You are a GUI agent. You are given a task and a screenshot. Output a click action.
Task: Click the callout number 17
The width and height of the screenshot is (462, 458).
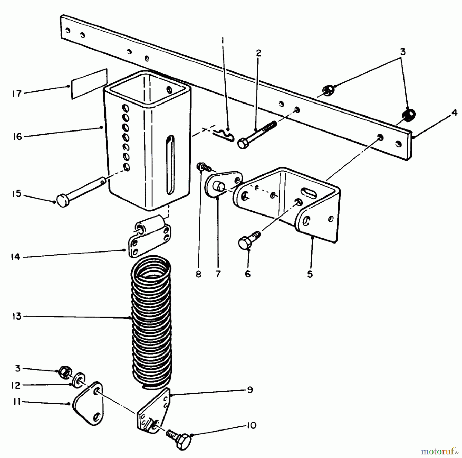[17, 94]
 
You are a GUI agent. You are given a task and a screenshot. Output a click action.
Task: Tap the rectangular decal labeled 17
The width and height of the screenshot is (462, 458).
[89, 84]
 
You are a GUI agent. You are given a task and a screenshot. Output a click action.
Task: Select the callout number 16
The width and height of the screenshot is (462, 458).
[17, 137]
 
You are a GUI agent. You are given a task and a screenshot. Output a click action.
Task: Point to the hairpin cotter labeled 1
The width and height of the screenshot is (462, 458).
[224, 136]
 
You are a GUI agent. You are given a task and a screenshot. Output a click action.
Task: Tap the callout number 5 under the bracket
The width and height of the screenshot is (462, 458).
[310, 274]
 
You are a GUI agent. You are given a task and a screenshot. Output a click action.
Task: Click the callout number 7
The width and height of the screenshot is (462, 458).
[218, 274]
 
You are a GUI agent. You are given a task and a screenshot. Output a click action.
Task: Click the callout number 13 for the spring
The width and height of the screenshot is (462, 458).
[17, 316]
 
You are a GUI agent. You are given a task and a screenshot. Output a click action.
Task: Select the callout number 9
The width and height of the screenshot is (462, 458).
[250, 390]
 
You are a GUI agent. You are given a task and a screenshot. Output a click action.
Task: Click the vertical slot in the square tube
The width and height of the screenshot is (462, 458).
[170, 164]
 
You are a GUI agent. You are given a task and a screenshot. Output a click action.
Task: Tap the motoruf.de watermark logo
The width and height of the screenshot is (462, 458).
[438, 451]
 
